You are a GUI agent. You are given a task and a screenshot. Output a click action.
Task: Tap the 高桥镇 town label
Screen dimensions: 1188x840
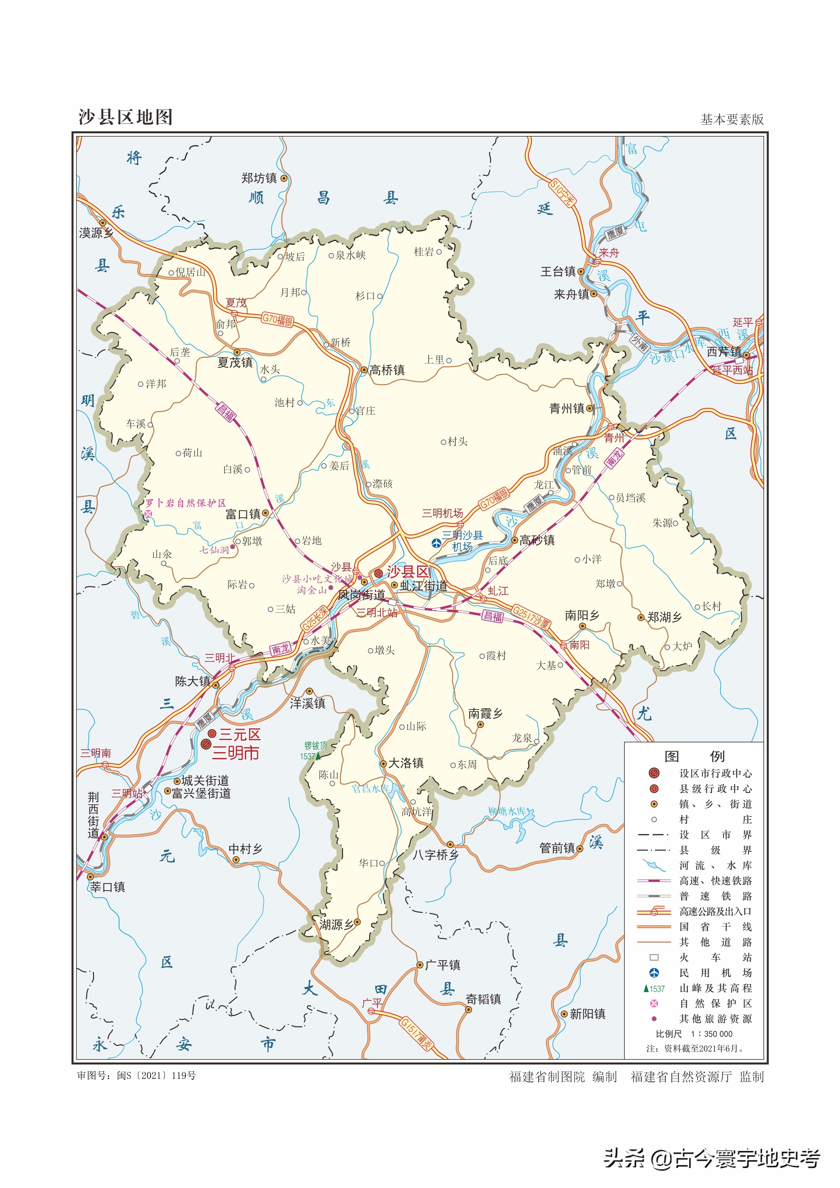click(x=387, y=370)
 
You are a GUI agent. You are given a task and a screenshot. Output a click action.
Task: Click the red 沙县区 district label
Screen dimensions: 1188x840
click(x=408, y=572)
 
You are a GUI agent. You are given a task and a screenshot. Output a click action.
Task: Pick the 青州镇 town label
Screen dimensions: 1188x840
click(x=567, y=408)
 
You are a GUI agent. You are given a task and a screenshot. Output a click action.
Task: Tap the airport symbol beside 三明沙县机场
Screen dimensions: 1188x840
click(x=436, y=543)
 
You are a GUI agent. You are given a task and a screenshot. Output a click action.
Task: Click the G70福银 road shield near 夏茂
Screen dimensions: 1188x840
click(x=277, y=320)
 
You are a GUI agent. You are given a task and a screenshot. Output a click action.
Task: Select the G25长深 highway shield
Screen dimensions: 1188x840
click(x=315, y=618)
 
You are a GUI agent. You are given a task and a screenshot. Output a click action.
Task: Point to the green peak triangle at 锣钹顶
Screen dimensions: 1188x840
click(x=319, y=756)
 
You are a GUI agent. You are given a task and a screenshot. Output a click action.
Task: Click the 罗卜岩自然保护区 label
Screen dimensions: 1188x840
click(x=186, y=503)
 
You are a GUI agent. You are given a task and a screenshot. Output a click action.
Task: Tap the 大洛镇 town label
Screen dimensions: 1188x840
click(x=406, y=763)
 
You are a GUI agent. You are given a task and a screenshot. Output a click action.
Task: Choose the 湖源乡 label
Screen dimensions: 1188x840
click(x=336, y=925)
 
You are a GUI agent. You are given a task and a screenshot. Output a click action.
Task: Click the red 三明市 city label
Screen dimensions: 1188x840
click(x=235, y=753)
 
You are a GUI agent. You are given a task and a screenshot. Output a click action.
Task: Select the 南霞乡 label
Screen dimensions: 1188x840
click(x=485, y=714)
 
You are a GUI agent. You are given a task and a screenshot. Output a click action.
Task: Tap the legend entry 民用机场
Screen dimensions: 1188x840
click(x=716, y=973)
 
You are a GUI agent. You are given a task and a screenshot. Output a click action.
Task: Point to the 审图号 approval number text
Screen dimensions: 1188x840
click(x=137, y=1076)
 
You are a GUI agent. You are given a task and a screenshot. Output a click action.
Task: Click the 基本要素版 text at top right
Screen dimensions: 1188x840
click(x=731, y=119)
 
